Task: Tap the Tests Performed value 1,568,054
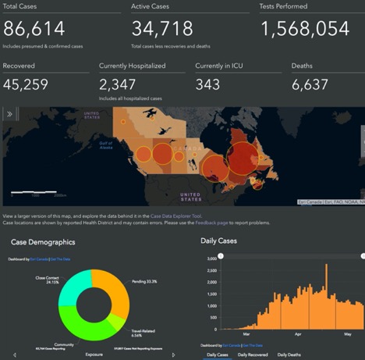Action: coord(304,30)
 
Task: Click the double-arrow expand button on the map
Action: coord(10,114)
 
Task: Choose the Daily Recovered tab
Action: coord(255,355)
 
